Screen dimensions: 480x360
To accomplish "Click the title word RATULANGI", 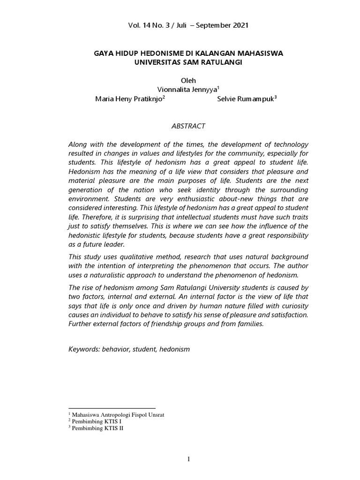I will pyautogui.click(x=220, y=62).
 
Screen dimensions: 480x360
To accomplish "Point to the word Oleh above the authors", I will pyautogui.click(x=188, y=81).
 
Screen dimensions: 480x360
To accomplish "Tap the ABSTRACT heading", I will pyautogui.click(x=188, y=126).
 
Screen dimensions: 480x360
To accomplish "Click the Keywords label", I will pyautogui.click(x=84, y=349).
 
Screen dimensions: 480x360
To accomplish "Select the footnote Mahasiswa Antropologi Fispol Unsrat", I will pyautogui.click(x=118, y=415).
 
